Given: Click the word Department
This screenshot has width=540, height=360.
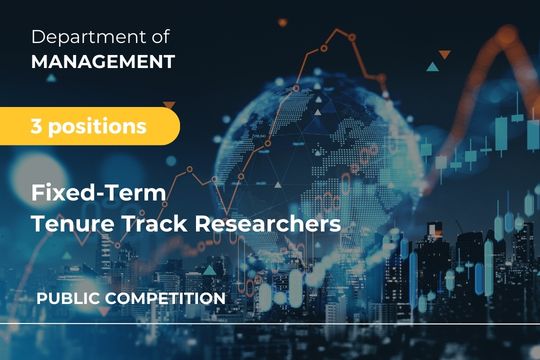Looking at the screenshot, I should coord(87,38).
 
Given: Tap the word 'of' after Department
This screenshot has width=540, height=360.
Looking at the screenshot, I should coord(160,38).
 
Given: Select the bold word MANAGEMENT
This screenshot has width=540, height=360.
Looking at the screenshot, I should coord(103,62).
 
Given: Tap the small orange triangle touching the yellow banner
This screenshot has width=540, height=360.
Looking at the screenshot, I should coord(169,104).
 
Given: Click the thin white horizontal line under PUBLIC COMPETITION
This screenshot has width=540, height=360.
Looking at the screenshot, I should coord(270,324).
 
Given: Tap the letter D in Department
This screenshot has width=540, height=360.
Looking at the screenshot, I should coord(38,38).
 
